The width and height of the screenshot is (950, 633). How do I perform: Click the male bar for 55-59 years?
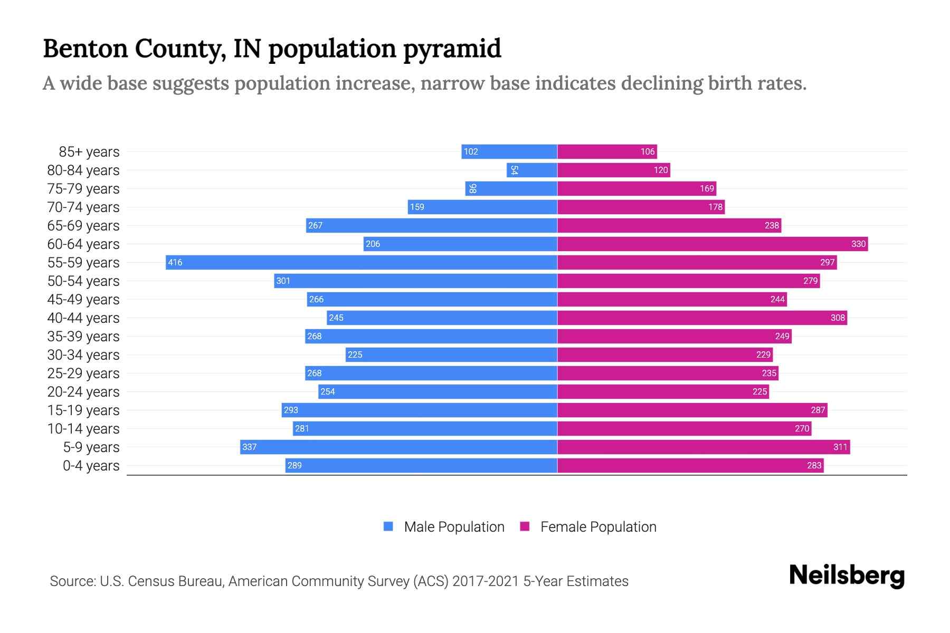[362, 262]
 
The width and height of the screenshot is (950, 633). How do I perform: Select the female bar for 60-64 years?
[712, 244]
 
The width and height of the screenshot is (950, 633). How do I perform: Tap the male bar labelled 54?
[532, 170]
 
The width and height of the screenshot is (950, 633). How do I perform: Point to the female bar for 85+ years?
[607, 151]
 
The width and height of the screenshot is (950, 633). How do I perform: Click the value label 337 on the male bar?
[249, 447]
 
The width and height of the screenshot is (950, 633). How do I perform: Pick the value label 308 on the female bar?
[838, 318]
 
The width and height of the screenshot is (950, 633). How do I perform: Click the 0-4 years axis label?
[91, 466]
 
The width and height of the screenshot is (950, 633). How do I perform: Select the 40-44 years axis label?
[83, 318]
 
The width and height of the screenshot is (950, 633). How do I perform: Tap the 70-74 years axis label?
[83, 207]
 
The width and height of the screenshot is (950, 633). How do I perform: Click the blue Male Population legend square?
[388, 526]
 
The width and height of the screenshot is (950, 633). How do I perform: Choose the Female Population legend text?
[598, 527]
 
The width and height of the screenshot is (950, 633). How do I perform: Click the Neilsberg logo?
[847, 576]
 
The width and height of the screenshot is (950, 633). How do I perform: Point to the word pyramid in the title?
[452, 49]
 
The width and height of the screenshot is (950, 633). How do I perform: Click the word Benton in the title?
[85, 49]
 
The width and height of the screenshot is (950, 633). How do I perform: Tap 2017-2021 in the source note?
[486, 581]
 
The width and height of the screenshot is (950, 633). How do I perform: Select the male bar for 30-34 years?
[451, 354]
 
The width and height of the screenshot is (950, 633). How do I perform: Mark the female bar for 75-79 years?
[636, 188]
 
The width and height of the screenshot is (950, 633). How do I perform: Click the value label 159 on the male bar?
[417, 207]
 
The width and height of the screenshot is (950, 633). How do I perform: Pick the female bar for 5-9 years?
[704, 447]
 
